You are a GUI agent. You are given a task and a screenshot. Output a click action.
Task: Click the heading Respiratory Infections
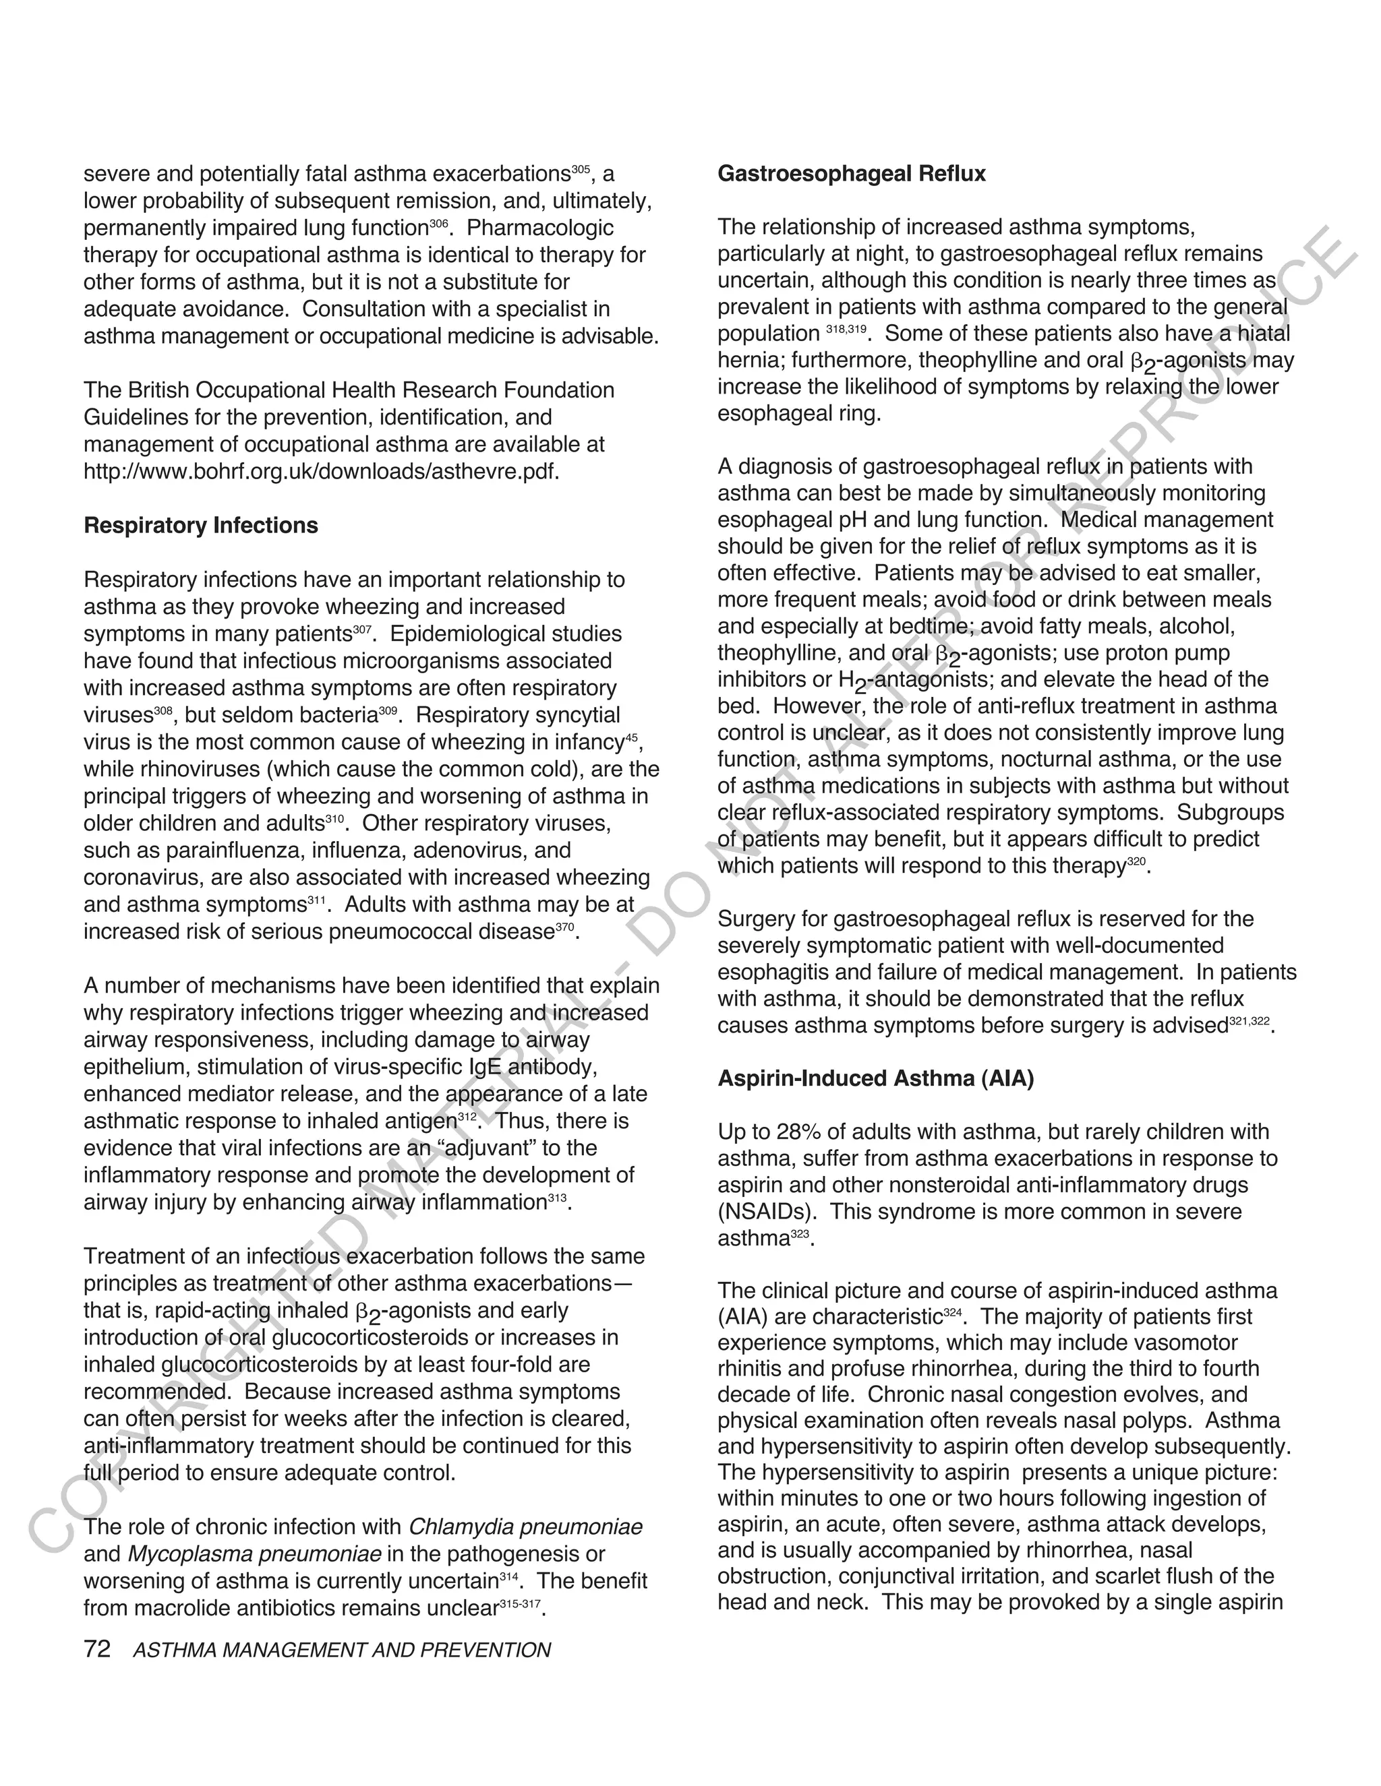point(200,525)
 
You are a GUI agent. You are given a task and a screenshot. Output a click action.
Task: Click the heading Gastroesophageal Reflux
point(851,174)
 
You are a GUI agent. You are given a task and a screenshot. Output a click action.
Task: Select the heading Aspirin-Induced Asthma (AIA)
point(875,1078)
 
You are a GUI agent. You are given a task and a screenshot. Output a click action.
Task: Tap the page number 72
point(96,1649)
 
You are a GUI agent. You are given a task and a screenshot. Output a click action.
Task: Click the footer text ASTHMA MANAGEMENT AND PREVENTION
point(341,1651)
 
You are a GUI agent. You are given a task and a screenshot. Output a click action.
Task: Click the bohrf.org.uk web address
point(321,472)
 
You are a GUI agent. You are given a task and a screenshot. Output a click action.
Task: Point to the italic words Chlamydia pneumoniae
point(525,1527)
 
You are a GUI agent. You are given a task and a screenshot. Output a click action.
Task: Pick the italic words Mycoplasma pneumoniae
point(254,1553)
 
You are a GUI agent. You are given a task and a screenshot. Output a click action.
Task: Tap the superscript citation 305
point(580,169)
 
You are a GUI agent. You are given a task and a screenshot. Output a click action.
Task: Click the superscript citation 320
point(1136,861)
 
